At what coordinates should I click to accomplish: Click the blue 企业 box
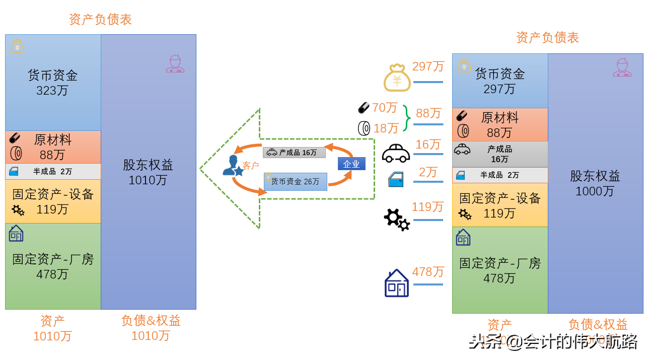tap(351, 164)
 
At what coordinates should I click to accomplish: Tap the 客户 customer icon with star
tap(233, 166)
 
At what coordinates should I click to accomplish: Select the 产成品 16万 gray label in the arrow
tap(294, 152)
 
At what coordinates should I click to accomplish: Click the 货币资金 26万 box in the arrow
tap(295, 181)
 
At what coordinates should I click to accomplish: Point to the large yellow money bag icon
tap(397, 78)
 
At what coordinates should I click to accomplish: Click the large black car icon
tap(396, 153)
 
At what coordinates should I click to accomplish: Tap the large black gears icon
tap(397, 220)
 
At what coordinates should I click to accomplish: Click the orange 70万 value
tap(385, 108)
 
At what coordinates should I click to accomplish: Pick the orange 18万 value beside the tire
tap(386, 128)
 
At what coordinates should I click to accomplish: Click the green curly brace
tap(407, 118)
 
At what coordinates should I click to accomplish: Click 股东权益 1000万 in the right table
tap(595, 183)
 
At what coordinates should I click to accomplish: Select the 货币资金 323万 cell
tap(53, 83)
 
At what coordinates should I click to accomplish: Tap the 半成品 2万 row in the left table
tap(53, 171)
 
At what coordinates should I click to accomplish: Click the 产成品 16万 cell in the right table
tap(499, 154)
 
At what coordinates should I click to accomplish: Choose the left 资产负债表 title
tap(100, 20)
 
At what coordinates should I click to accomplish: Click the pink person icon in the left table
tap(175, 64)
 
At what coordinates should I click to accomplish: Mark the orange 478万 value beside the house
tap(428, 272)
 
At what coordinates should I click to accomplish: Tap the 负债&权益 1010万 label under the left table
tap(151, 328)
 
